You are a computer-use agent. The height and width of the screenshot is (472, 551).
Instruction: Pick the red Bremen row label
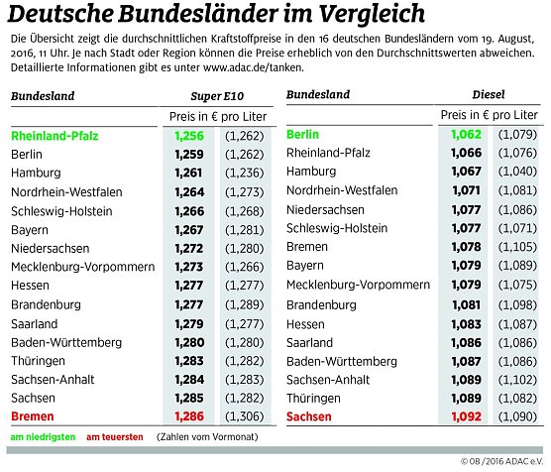[x=33, y=416]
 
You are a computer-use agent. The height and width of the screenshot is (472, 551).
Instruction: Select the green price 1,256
[x=187, y=135]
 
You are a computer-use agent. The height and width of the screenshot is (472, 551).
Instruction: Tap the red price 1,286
[x=187, y=416]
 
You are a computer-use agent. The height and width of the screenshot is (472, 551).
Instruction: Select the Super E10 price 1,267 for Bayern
[x=187, y=229]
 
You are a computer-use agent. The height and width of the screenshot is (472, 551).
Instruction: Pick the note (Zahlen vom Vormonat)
[x=204, y=437]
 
